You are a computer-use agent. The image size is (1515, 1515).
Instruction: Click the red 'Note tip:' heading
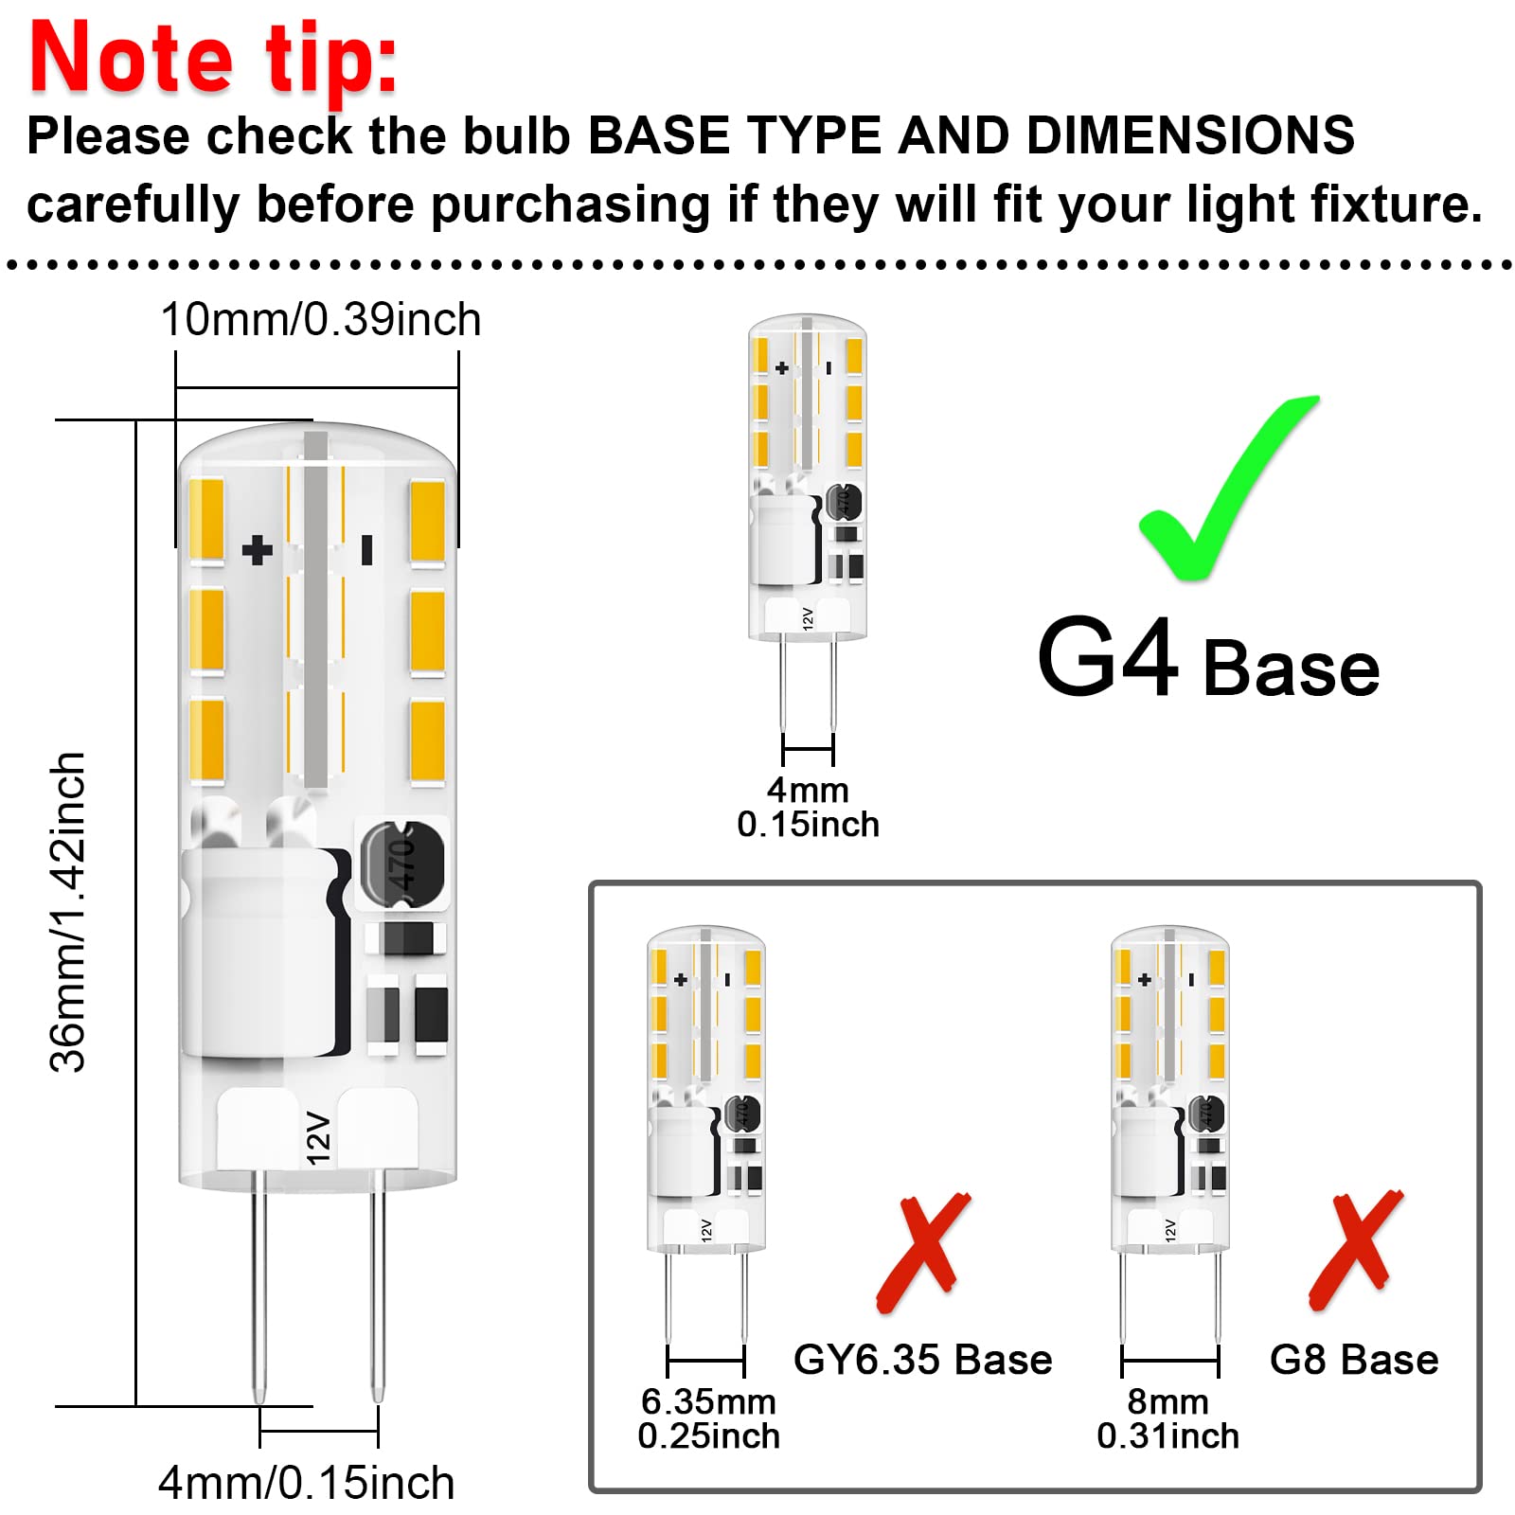pos(213,59)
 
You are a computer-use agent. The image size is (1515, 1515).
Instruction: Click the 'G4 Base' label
pos(1207,660)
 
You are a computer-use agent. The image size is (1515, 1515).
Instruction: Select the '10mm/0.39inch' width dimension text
pos(320,319)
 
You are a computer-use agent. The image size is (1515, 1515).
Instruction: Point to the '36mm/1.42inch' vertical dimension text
pos(68,912)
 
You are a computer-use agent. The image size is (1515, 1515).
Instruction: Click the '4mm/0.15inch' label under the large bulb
pos(306,1482)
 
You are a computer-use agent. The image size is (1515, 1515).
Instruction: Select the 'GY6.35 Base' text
pos(922,1360)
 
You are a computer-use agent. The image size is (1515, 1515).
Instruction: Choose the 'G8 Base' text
pos(1353,1360)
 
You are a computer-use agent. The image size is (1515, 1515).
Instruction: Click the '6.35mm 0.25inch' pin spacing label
pos(708,1418)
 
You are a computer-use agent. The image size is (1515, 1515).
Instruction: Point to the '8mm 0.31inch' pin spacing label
pos(1167,1418)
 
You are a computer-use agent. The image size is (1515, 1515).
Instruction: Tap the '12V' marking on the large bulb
pos(319,1137)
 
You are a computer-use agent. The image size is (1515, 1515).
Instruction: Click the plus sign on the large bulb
pos(257,550)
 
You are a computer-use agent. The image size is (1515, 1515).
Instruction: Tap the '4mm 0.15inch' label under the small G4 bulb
pos(808,807)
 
